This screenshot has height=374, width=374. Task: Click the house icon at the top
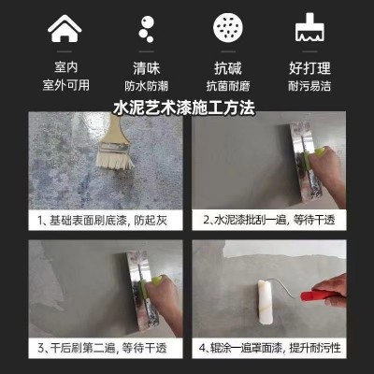65,30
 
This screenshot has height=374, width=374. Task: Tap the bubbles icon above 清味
145,30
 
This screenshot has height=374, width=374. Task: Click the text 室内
65,68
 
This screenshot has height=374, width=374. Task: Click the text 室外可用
65,85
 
